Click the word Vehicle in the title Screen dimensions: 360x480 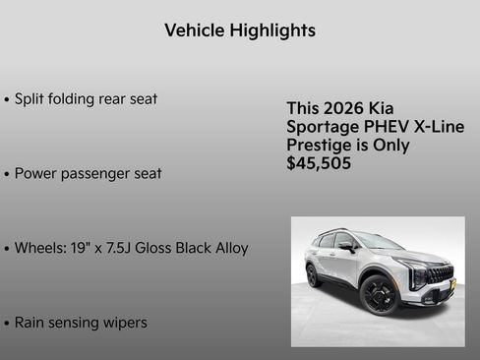coord(194,30)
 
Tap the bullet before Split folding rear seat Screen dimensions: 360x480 coord(7,100)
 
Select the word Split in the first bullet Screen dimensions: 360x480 coord(30,99)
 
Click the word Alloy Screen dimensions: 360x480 coord(228,247)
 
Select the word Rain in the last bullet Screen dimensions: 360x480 coord(31,322)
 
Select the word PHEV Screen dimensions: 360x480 coord(378,127)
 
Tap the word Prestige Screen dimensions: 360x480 coord(319,146)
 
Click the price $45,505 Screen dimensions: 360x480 coord(319,163)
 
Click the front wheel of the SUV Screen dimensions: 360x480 coord(378,294)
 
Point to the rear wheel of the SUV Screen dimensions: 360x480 coord(313,275)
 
